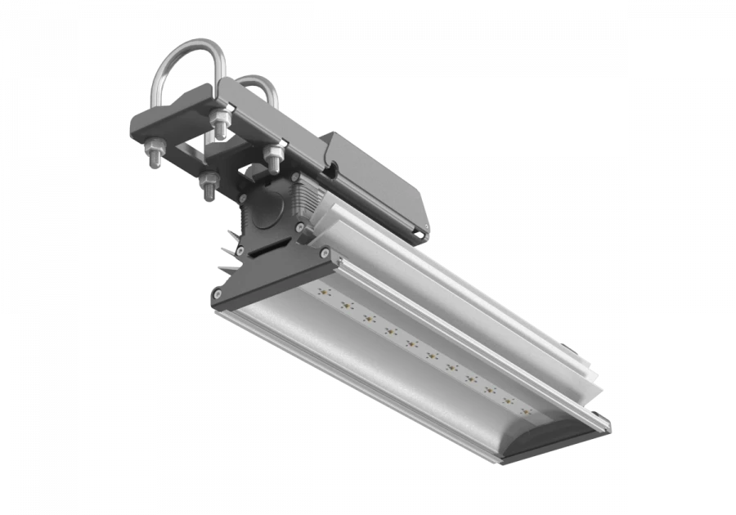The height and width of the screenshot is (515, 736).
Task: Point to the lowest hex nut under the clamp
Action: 207,185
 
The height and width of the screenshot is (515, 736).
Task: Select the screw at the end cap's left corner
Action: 218,294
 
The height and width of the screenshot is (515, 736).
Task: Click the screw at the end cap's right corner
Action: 328,257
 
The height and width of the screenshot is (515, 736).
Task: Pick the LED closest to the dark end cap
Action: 321,292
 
